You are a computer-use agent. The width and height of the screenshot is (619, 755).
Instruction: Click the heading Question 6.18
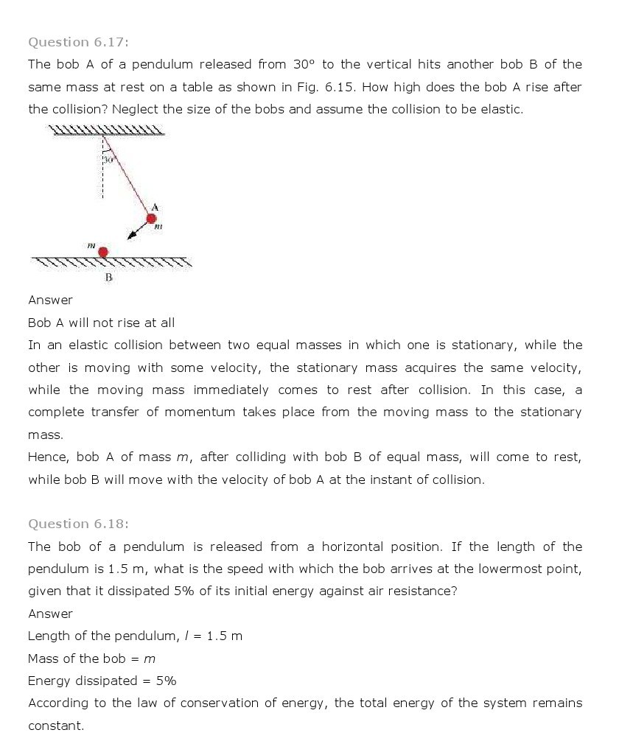tap(78, 524)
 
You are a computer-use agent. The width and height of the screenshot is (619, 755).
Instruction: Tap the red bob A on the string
tap(152, 218)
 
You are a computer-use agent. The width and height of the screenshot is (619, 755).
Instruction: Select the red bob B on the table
tap(103, 252)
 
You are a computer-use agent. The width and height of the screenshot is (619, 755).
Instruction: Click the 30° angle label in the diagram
tap(108, 159)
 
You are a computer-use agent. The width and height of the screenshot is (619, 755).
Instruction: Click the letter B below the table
tap(108, 278)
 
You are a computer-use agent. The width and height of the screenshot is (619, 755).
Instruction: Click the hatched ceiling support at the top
tap(107, 132)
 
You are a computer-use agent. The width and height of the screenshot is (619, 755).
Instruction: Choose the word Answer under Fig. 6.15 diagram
tap(50, 300)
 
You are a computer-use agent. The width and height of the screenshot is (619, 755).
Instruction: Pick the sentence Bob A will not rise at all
tap(101, 323)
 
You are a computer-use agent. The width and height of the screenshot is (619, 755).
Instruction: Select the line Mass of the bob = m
tap(91, 659)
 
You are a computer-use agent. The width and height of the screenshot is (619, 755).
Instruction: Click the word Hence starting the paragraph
tap(48, 457)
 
